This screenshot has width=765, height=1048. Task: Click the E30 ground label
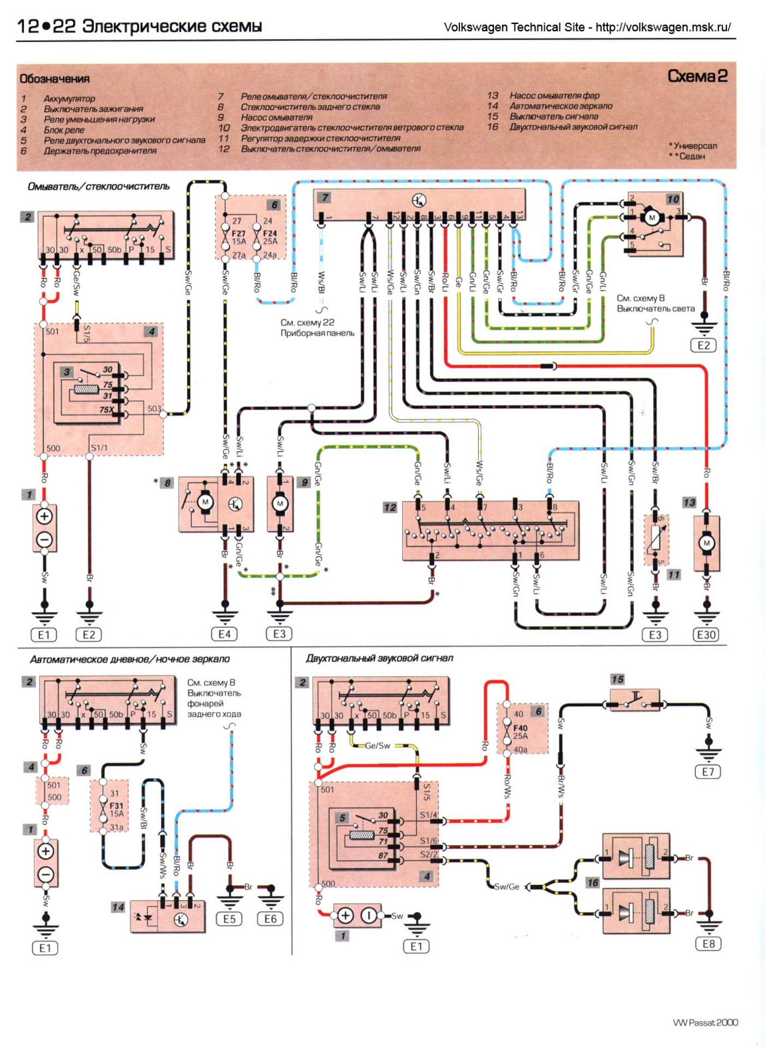(706, 634)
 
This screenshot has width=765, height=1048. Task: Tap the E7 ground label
(708, 772)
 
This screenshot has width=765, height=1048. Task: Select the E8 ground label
(708, 944)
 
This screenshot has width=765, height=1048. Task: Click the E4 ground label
(224, 634)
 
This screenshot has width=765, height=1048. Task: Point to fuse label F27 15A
(238, 237)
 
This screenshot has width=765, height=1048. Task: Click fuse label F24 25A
(270, 237)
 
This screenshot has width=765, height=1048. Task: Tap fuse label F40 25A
(521, 731)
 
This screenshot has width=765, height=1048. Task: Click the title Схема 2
(697, 76)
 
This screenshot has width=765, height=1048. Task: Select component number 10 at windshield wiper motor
(673, 199)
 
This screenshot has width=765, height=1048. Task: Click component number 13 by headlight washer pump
(689, 502)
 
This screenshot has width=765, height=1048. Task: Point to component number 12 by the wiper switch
(390, 507)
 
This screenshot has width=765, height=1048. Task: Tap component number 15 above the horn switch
(617, 679)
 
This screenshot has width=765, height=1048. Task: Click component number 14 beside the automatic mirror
(118, 907)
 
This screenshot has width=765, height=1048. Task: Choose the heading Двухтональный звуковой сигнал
(379, 658)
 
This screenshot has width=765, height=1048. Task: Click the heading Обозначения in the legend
(55, 79)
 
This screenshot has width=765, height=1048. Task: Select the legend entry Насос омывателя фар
(554, 96)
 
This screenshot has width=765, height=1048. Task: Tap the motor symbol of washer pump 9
(280, 503)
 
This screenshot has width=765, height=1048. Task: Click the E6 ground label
(270, 919)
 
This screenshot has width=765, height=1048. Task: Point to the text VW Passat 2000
(705, 1022)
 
